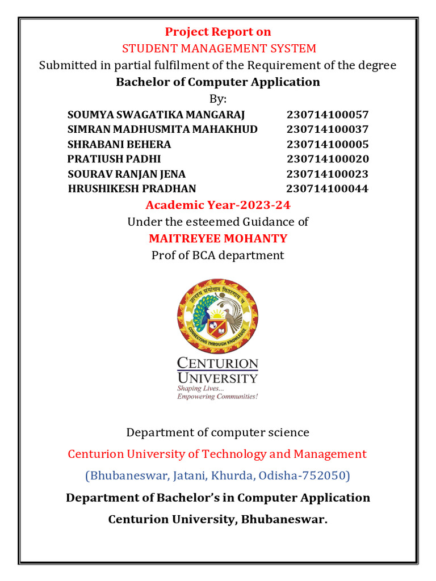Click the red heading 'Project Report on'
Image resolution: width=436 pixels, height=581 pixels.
[x=218, y=32]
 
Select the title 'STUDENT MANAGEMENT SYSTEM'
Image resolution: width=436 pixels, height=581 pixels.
[x=219, y=48]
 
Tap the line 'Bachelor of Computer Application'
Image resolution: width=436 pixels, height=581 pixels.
[x=218, y=82]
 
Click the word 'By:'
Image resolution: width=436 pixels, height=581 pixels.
[x=218, y=99]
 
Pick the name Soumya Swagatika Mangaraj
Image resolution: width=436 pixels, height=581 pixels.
[x=156, y=114]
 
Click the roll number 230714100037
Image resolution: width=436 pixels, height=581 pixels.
[x=328, y=129]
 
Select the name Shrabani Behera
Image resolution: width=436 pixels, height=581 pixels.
[x=119, y=144]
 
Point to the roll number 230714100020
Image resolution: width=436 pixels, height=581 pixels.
[x=328, y=159]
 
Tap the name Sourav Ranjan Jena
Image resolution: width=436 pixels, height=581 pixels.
[x=127, y=174]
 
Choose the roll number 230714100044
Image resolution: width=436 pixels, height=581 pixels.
[x=328, y=189]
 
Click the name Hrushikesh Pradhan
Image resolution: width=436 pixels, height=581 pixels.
[x=132, y=189]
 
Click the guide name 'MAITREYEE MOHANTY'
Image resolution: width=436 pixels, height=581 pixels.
[x=218, y=238]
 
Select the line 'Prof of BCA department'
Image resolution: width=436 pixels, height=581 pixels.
[x=218, y=255]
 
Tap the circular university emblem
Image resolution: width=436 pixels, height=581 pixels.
[x=218, y=315]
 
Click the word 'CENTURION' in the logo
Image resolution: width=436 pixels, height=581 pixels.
[x=218, y=363]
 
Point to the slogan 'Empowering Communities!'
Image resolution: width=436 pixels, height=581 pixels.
[x=218, y=397]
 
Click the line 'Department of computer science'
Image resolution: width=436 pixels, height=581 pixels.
[x=218, y=432]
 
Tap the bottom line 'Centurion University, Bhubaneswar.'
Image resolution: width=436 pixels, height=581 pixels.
[x=218, y=519]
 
